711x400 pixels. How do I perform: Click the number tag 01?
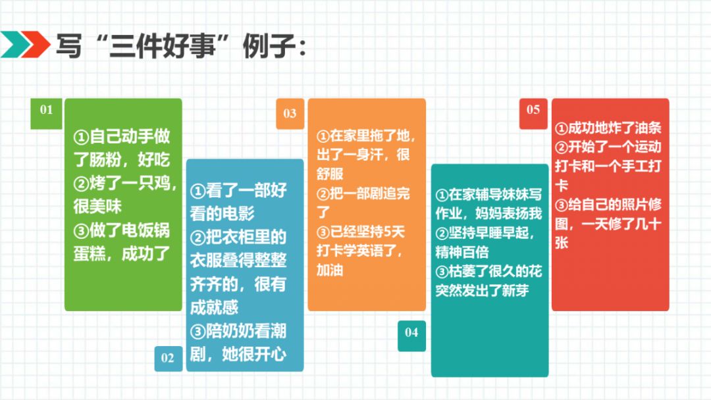point(46,114)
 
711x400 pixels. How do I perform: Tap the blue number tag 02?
point(169,359)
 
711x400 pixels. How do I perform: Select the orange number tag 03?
point(290,114)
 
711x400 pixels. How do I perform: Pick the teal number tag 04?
point(411,336)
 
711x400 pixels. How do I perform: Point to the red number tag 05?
point(533,114)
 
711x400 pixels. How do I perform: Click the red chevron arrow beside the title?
point(35,44)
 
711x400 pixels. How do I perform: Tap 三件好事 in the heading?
point(162,45)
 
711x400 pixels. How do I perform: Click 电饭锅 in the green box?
point(138,230)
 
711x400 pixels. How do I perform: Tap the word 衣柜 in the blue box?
point(238,237)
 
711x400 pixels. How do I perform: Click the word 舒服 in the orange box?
point(330,174)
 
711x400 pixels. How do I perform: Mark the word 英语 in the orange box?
point(370,251)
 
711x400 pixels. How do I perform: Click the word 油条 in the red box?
point(648,128)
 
